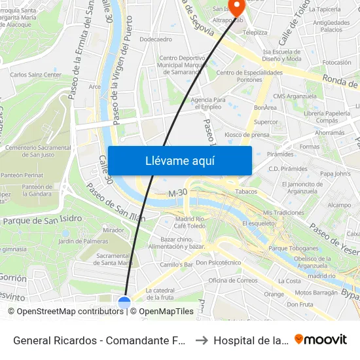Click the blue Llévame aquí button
pyautogui.click(x=179, y=161)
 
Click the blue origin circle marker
pyautogui.click(x=124, y=302)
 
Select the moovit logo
pyautogui.click(x=321, y=340)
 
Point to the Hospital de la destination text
pyautogui.click(x=250, y=340)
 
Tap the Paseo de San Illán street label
pyautogui.click(x=115, y=202)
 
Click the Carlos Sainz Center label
pyautogui.click(x=35, y=75)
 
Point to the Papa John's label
pyautogui.click(x=335, y=173)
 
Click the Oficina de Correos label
pyautogui.click(x=233, y=281)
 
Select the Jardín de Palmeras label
pyautogui.click(x=84, y=242)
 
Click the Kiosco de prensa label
pyautogui.click(x=246, y=135)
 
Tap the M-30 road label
pyautogui.click(x=178, y=194)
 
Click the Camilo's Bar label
pyautogui.click(x=177, y=265)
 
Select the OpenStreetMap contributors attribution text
pyautogui.click(x=65, y=312)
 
